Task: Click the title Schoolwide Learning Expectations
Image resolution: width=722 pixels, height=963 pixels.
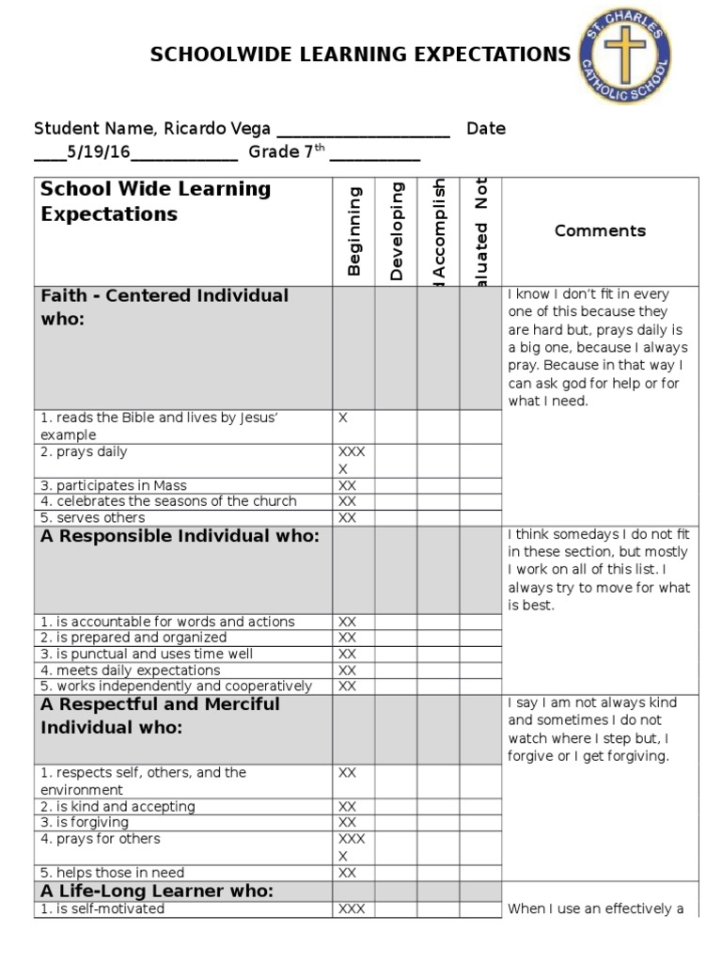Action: pyautogui.click(x=361, y=55)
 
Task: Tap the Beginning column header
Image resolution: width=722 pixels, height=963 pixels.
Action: pyautogui.click(x=354, y=230)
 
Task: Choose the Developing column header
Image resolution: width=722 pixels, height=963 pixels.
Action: pyautogui.click(x=397, y=230)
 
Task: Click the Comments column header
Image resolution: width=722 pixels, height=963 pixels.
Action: pyautogui.click(x=600, y=230)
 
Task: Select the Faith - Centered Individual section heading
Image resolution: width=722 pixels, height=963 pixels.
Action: pyautogui.click(x=165, y=308)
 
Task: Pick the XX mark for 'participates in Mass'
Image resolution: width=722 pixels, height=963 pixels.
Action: pyautogui.click(x=347, y=486)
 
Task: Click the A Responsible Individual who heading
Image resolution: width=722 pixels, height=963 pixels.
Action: pyautogui.click(x=180, y=536)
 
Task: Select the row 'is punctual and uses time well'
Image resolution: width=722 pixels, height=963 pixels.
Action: pyautogui.click(x=146, y=654)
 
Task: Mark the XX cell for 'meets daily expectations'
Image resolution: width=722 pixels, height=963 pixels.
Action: pyautogui.click(x=347, y=671)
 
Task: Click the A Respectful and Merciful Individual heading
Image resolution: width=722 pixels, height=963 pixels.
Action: pyautogui.click(x=160, y=716)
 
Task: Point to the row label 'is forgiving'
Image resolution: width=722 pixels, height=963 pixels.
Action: pyautogui.click(x=85, y=823)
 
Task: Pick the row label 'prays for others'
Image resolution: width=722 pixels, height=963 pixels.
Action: pyautogui.click(x=100, y=839)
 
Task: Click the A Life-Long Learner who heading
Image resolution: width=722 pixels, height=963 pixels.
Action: pyautogui.click(x=156, y=891)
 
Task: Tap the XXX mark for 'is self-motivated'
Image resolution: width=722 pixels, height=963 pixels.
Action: pyautogui.click(x=351, y=908)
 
